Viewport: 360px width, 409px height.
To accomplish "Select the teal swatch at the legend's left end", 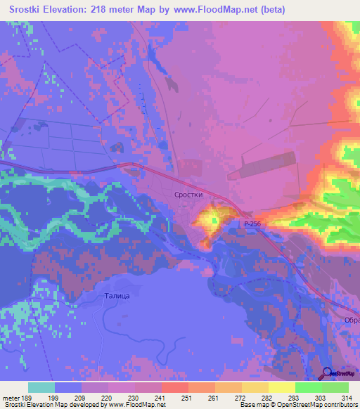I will click(x=41, y=387).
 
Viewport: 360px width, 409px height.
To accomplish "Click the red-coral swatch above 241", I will click(x=174, y=387).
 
